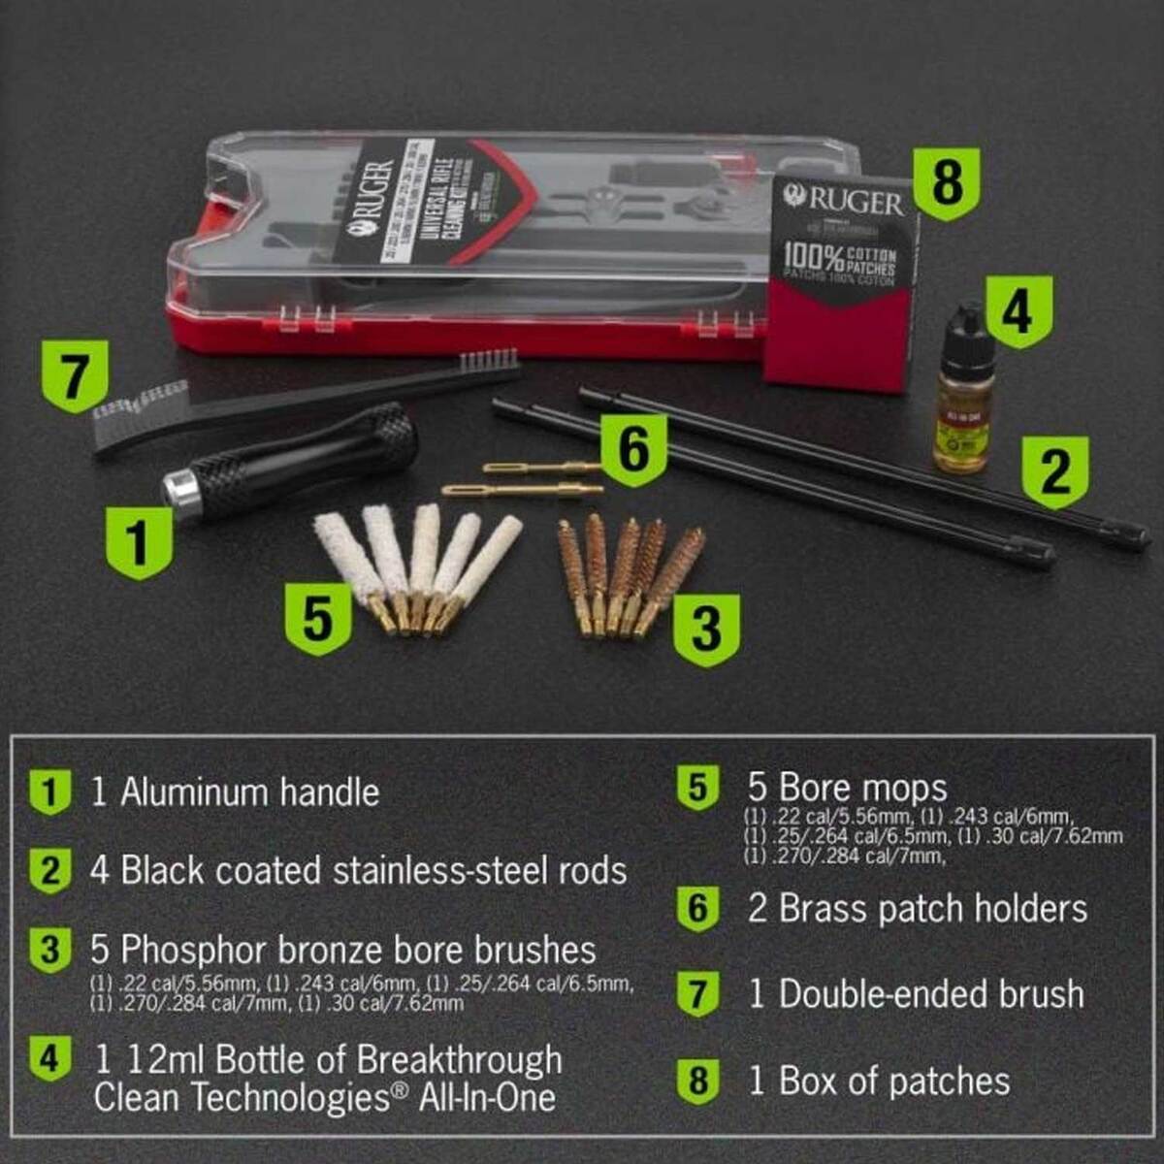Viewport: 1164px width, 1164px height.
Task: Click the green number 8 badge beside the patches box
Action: [947, 183]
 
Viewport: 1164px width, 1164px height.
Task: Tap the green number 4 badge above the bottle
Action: [1016, 311]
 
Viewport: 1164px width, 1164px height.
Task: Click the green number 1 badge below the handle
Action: [139, 541]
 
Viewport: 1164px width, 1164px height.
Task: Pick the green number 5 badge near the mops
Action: [317, 618]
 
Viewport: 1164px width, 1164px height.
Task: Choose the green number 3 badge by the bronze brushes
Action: [705, 629]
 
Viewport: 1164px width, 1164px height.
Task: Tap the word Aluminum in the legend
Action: [194, 792]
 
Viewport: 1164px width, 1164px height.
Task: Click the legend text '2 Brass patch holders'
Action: [917, 909]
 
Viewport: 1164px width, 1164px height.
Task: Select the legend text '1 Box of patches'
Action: [879, 1081]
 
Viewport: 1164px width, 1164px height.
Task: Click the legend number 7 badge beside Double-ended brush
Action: [698, 993]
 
